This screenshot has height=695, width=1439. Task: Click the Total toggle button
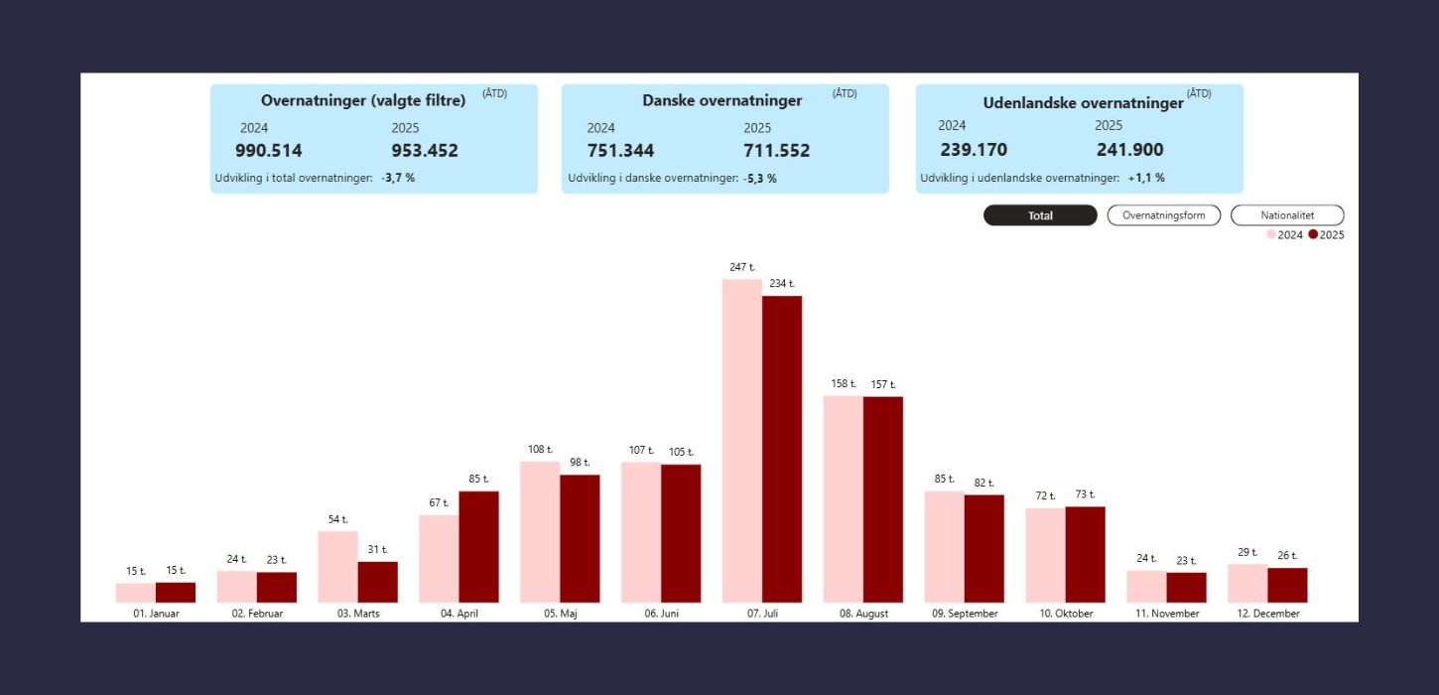pyautogui.click(x=1040, y=215)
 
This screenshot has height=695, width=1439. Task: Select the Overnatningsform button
pyautogui.click(x=1163, y=215)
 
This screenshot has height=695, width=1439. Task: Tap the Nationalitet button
pyautogui.click(x=1287, y=215)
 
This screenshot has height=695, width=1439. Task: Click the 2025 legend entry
pyautogui.click(x=1326, y=235)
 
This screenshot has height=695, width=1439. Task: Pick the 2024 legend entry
pyautogui.click(x=1284, y=235)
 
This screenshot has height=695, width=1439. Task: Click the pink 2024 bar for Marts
pyautogui.click(x=337, y=567)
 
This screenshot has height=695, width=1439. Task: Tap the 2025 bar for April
pyautogui.click(x=478, y=547)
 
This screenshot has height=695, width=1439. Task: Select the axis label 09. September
pyautogui.click(x=965, y=614)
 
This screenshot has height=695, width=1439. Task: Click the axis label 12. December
pyautogui.click(x=1266, y=614)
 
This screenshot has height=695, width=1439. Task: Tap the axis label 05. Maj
pyautogui.click(x=560, y=614)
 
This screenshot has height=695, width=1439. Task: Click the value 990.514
pyautogui.click(x=269, y=151)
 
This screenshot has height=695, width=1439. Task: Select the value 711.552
pyautogui.click(x=776, y=151)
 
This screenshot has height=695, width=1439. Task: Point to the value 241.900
pyautogui.click(x=1129, y=150)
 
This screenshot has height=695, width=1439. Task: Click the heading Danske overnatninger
pyautogui.click(x=722, y=100)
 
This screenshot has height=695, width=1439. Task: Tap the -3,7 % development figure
pyautogui.click(x=398, y=178)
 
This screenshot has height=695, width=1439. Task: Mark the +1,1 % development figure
pyautogui.click(x=1146, y=178)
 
